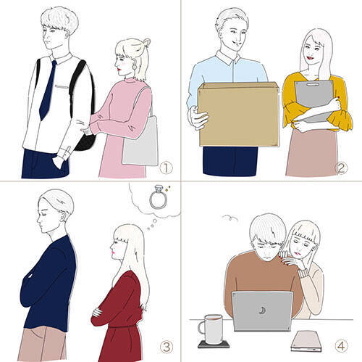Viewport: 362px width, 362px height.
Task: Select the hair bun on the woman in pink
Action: (146, 43)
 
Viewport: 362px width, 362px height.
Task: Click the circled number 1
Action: (166, 168)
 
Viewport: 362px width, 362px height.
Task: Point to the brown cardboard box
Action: (238, 114)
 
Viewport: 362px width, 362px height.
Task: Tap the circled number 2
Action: (341, 168)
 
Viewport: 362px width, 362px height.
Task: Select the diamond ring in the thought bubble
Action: (159, 197)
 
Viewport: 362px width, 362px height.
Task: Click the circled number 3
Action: (167, 347)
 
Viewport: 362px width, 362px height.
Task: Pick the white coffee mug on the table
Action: (212, 329)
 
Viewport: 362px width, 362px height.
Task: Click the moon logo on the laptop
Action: (262, 310)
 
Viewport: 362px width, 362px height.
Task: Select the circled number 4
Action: (341, 346)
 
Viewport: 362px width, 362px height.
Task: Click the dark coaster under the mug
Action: (214, 344)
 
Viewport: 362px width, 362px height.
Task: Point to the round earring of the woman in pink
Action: (134, 65)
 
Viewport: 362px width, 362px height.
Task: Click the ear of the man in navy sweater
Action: (63, 217)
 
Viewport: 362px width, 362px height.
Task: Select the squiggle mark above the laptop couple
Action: (230, 218)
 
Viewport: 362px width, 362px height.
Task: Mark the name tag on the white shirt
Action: (62, 86)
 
